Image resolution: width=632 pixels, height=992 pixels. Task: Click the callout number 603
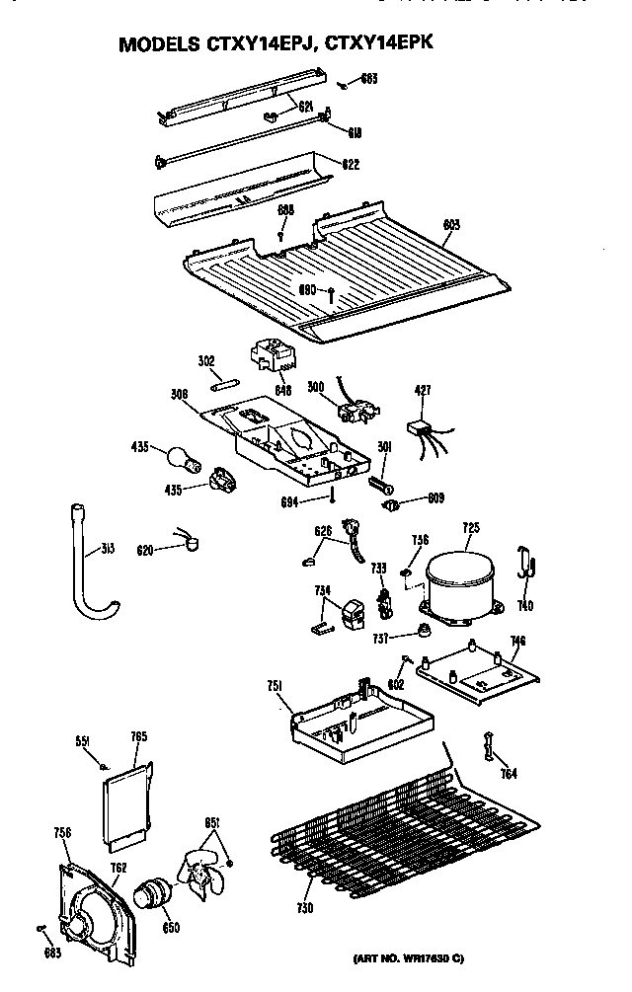(x=451, y=225)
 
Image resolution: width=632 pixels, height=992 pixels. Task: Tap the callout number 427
(x=423, y=391)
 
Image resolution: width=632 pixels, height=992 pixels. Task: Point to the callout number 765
(x=138, y=736)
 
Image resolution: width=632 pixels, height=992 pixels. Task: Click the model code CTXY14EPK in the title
(x=380, y=44)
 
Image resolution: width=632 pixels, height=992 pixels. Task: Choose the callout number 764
(x=507, y=773)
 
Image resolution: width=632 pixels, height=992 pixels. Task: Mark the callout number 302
(x=205, y=361)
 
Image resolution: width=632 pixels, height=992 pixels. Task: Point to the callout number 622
(x=351, y=164)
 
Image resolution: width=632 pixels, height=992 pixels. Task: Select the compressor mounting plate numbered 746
(x=479, y=676)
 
